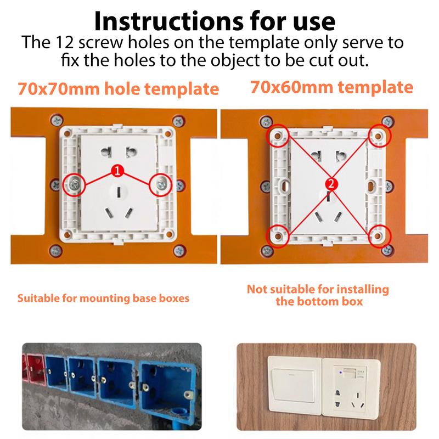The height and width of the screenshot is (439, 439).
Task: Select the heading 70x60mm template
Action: (331, 87)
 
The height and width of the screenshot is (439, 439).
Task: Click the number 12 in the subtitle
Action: (77, 43)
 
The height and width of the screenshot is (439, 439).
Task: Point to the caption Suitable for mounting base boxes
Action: (103, 299)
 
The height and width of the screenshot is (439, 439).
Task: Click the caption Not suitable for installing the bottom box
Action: (318, 295)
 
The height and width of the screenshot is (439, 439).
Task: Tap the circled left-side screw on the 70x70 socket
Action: (74, 184)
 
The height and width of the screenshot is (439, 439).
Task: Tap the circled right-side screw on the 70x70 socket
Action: (160, 184)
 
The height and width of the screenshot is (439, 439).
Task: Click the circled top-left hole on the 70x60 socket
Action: (278, 134)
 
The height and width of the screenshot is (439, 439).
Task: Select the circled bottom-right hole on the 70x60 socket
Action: (379, 235)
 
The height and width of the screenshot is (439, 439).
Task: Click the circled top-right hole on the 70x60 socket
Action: (379, 134)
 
